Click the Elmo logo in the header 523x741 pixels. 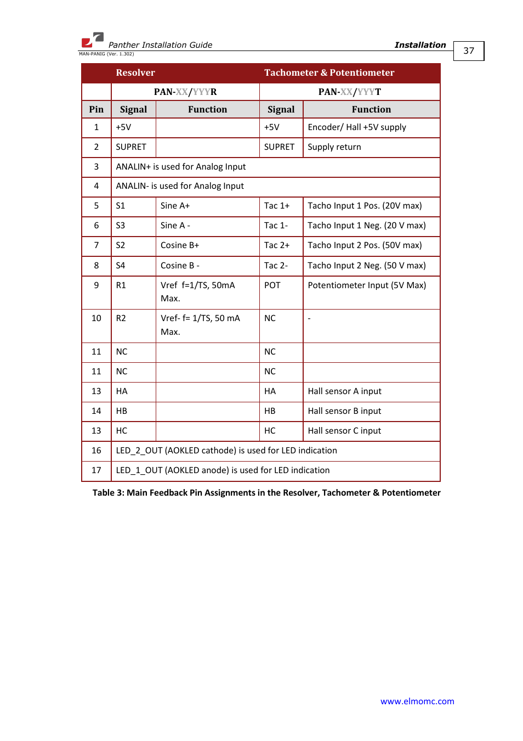(92, 40)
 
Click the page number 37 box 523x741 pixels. (469, 51)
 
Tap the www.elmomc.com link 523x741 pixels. (417, 701)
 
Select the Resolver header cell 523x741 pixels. (135, 73)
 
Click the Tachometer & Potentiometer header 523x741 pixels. (329, 73)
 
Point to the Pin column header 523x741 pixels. (96, 109)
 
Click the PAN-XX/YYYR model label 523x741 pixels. (185, 92)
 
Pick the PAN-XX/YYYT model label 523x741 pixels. (350, 92)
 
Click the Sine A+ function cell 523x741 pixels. (175, 206)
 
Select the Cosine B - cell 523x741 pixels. (180, 266)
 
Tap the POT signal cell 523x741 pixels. (272, 285)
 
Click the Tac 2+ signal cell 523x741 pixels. (277, 245)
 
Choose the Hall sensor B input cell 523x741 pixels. (344, 411)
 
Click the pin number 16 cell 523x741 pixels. (96, 451)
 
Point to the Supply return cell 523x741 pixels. (334, 147)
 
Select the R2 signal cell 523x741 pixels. (121, 318)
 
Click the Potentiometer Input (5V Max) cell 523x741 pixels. (367, 285)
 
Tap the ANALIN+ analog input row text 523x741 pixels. (181, 167)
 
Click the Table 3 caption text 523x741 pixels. (266, 493)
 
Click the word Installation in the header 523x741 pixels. (420, 45)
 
